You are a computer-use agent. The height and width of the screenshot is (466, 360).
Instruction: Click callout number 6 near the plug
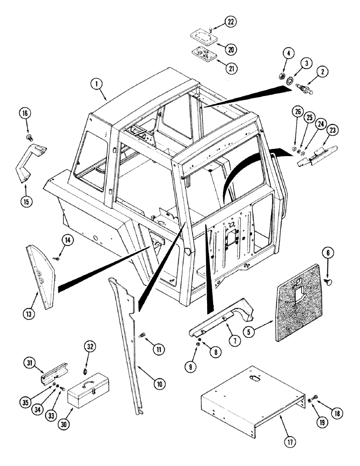coord(328,253)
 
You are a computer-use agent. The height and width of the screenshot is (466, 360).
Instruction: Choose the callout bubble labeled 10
coord(159,384)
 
